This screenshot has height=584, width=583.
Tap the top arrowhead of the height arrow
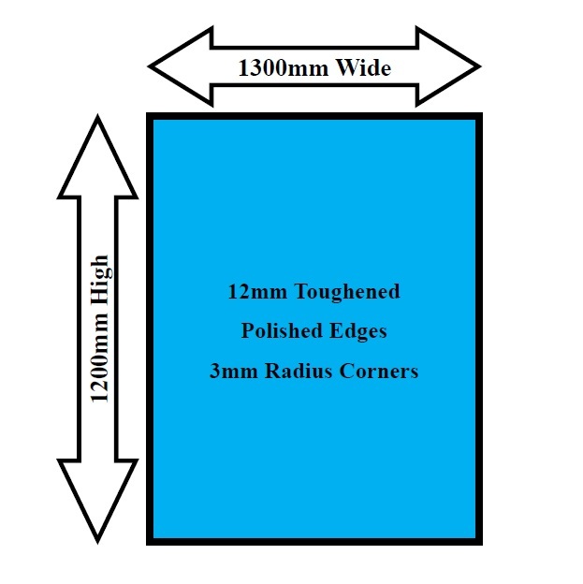tap(97, 154)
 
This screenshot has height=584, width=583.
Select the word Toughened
tap(347, 292)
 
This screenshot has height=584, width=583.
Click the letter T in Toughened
tap(301, 292)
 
